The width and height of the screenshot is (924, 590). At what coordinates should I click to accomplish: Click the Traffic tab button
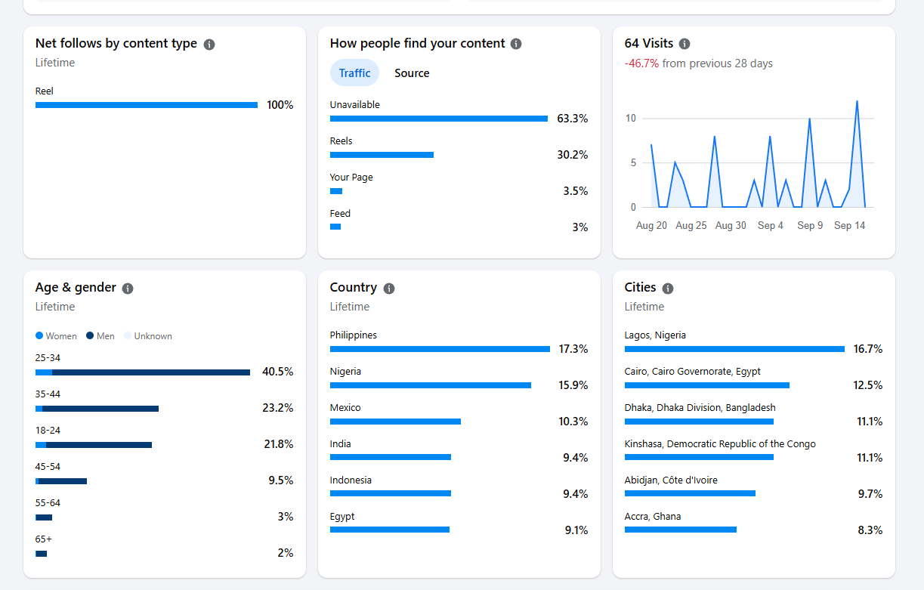(354, 73)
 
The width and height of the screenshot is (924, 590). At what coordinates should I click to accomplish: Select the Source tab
(412, 73)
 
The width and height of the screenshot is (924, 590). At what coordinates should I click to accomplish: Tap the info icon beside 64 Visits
(685, 44)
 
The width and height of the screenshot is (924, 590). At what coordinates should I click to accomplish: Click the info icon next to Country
(389, 288)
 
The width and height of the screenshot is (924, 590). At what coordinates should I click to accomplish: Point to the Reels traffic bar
(382, 155)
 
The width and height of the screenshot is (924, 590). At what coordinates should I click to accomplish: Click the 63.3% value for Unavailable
(572, 119)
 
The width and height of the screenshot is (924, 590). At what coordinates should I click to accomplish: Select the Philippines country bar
(440, 349)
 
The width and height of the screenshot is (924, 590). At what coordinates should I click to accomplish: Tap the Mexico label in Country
(345, 408)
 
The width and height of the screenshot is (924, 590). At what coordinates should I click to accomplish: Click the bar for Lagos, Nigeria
(734, 349)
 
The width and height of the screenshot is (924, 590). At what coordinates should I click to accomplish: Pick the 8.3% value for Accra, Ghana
(870, 530)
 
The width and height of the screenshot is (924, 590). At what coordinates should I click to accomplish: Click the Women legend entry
(56, 336)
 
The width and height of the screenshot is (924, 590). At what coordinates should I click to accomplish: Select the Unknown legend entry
(148, 336)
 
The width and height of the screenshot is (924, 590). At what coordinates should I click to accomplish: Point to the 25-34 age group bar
(143, 372)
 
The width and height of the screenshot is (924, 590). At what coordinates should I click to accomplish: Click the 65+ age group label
(43, 539)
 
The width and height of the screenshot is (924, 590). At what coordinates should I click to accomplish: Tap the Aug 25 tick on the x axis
(691, 226)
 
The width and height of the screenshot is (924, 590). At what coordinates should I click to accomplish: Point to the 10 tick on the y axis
(631, 119)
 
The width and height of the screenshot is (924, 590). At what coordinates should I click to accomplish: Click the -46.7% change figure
(641, 63)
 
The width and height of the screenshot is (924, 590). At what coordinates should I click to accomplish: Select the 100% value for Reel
(280, 105)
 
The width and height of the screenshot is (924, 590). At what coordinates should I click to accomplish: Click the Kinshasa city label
(720, 444)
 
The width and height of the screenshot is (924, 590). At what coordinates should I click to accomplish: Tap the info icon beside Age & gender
(128, 289)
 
